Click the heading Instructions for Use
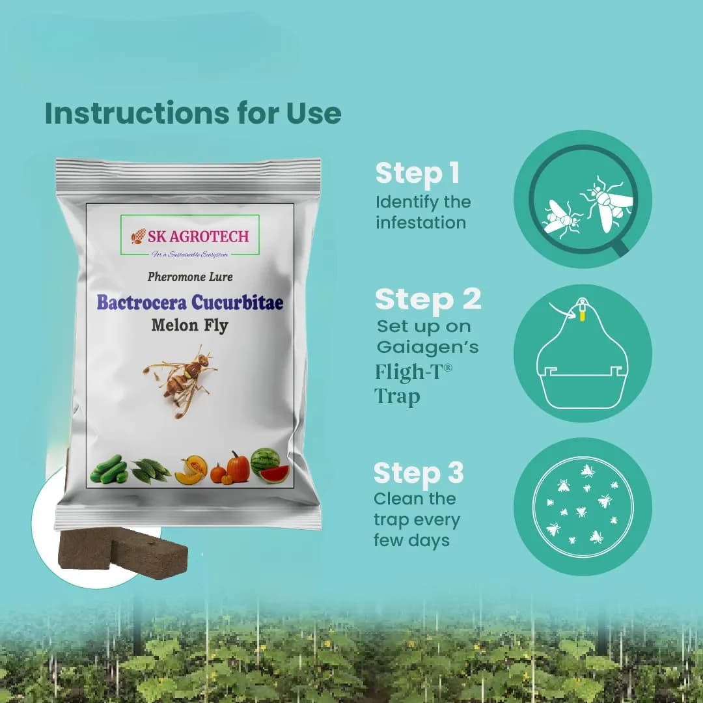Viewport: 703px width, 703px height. point(193,113)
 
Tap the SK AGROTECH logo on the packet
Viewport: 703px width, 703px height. point(190,236)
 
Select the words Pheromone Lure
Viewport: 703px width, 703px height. point(190,277)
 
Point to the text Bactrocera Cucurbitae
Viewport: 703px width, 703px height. point(190,303)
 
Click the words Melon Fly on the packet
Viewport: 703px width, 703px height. point(190,325)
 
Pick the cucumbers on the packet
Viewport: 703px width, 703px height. point(109,469)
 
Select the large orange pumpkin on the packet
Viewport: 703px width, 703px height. point(238,467)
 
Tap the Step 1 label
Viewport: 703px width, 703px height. point(417,174)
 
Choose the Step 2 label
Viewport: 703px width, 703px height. point(428,299)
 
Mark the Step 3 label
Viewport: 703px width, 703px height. point(419,473)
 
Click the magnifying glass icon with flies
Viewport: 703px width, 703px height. point(583,199)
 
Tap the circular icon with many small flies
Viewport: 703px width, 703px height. point(583,506)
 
